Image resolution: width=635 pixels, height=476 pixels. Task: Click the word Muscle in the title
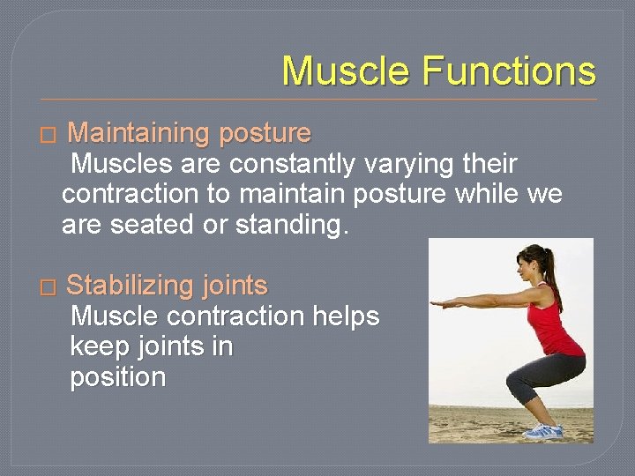click(x=344, y=71)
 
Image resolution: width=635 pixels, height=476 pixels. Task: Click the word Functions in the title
click(x=510, y=71)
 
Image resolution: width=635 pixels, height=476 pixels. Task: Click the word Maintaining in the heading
click(x=137, y=134)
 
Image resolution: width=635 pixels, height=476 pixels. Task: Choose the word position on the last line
click(x=117, y=377)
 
